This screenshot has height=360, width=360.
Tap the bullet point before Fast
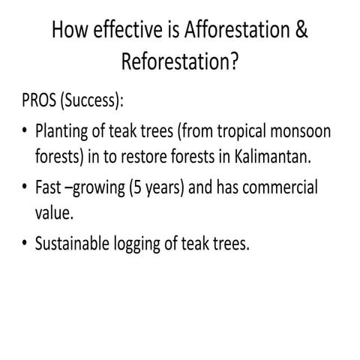click(x=25, y=187)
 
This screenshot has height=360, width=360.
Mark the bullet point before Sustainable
click(x=25, y=241)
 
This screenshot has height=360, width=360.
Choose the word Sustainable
click(x=79, y=241)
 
